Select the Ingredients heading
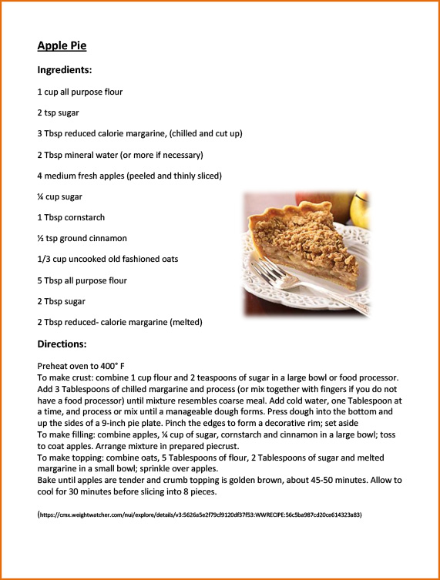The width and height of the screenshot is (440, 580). pos(65,70)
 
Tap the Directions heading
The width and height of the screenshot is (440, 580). pos(63,344)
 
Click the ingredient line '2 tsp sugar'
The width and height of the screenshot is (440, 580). pos(58,112)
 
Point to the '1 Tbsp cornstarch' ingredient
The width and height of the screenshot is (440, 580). pos(71,217)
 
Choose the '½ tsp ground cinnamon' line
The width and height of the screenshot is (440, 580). pos(82,238)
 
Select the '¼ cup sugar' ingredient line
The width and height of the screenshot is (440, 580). pos(60,196)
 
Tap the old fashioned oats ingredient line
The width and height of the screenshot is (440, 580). pos(107,259)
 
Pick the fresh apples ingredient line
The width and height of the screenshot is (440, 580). pos(129,176)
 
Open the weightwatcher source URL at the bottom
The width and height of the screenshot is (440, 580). pos(200,514)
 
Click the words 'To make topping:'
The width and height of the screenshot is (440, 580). pos(69,458)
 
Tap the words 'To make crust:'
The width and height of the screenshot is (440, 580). pos(64,377)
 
